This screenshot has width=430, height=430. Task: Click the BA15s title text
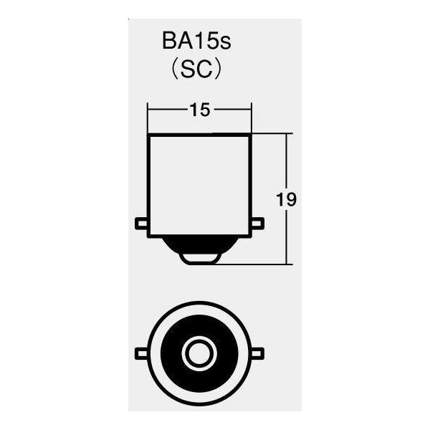coord(196,42)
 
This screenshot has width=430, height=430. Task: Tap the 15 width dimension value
coord(200,110)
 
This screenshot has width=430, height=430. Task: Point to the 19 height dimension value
coord(286,199)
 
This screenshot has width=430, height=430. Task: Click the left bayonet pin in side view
coord(141,224)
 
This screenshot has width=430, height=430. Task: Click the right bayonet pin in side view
coord(258,224)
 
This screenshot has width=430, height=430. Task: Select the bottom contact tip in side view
coord(200,259)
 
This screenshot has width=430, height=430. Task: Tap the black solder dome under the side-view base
coord(199,245)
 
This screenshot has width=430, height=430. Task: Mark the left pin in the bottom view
coord(141,353)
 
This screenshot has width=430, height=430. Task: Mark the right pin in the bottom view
coord(258,353)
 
